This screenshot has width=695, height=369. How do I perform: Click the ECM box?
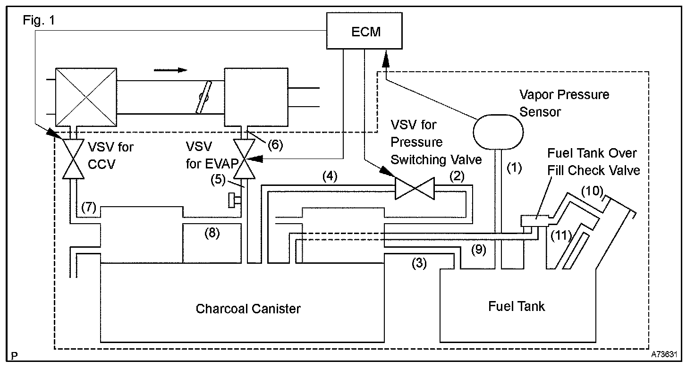[364, 31]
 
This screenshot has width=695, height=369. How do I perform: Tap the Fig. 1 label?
[39, 20]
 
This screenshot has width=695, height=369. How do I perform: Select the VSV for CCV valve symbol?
[73, 159]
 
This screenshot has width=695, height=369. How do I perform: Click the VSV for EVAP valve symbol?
[244, 159]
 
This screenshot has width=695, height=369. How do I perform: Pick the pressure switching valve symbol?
[415, 188]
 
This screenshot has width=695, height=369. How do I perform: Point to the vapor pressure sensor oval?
[498, 132]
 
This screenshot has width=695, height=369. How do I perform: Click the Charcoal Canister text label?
[248, 309]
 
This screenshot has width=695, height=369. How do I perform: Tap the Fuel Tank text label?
[516, 306]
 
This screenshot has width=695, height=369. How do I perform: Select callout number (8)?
[212, 233]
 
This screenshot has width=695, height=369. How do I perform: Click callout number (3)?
[419, 263]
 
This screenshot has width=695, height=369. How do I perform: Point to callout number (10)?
[592, 191]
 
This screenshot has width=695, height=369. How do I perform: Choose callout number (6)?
[275, 145]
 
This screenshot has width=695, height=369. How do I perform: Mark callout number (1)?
[514, 168]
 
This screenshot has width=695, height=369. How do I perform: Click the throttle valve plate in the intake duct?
[203, 97]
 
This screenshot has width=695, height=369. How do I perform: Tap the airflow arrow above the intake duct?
[170, 70]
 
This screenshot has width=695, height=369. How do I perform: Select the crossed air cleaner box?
[86, 97]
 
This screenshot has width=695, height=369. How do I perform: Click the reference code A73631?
[664, 354]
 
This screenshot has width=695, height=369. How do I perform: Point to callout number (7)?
[89, 207]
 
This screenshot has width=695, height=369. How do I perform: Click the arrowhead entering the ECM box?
[386, 59]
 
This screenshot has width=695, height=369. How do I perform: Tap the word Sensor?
[540, 112]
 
